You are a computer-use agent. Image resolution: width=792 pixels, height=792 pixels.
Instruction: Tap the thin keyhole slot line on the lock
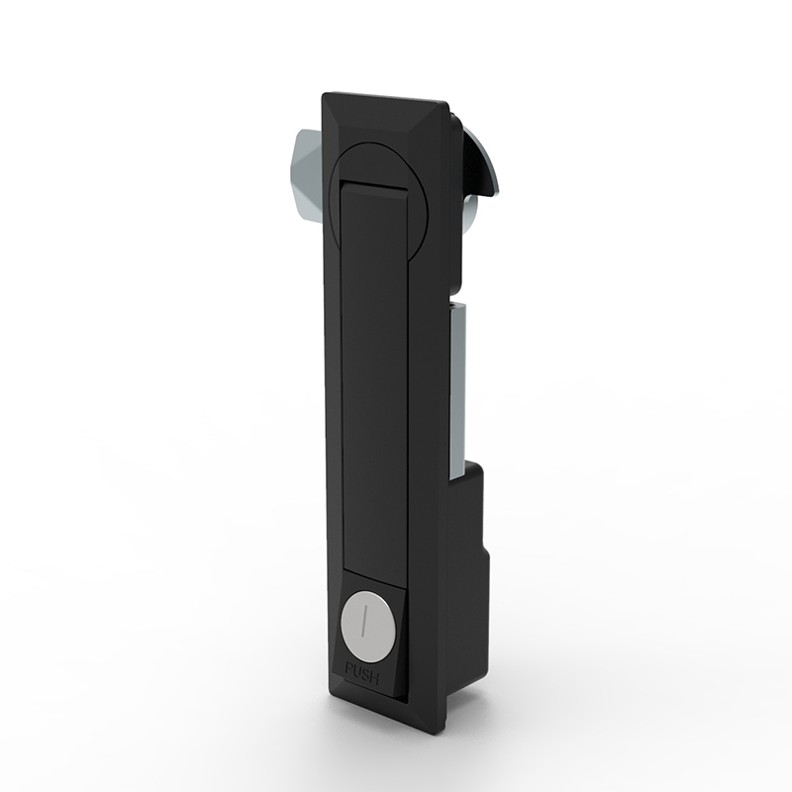click(362, 623)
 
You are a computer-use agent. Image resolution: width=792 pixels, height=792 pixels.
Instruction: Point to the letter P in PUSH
click(348, 669)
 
